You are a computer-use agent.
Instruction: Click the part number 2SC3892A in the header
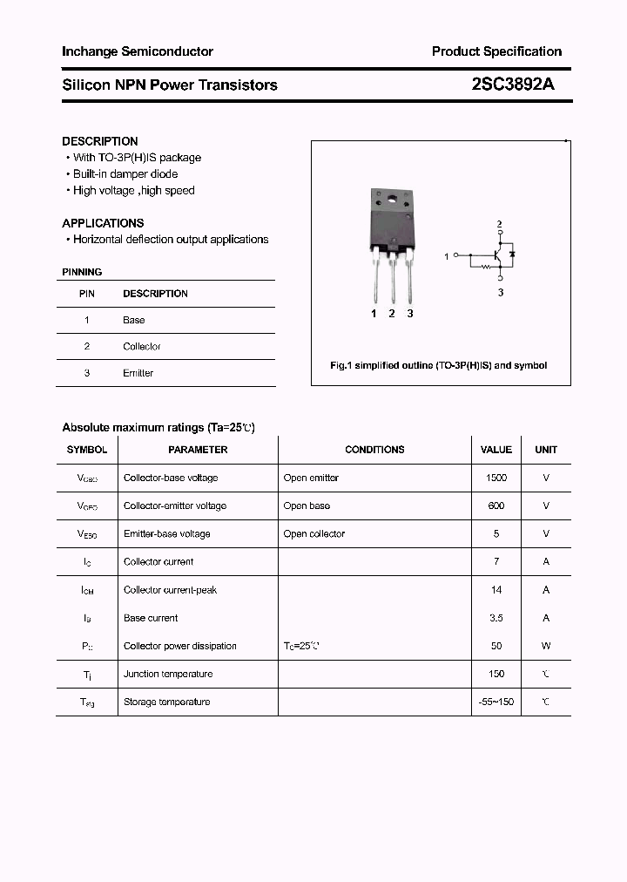(x=513, y=85)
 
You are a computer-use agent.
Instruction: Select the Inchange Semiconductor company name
(x=138, y=51)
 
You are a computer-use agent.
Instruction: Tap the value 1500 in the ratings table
(x=496, y=478)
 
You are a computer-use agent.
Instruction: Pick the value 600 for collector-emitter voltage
(x=496, y=505)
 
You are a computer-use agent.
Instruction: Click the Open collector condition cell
(x=313, y=533)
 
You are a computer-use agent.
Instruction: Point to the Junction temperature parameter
(x=168, y=674)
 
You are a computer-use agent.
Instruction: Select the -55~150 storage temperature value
(x=496, y=702)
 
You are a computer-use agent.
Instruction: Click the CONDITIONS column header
(x=374, y=450)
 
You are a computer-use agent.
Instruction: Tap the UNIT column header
(x=546, y=450)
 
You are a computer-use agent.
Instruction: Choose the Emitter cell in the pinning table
(x=138, y=373)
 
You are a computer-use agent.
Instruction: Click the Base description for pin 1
(x=134, y=320)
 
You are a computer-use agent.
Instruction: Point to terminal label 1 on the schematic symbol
(x=447, y=256)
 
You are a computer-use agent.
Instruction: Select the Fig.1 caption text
(x=439, y=366)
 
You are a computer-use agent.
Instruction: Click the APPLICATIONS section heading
(x=103, y=223)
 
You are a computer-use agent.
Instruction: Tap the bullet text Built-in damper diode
(x=125, y=174)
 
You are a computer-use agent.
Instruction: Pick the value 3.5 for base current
(x=496, y=618)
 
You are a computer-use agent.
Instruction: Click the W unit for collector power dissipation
(x=546, y=646)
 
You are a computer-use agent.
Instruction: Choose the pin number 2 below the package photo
(x=392, y=314)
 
